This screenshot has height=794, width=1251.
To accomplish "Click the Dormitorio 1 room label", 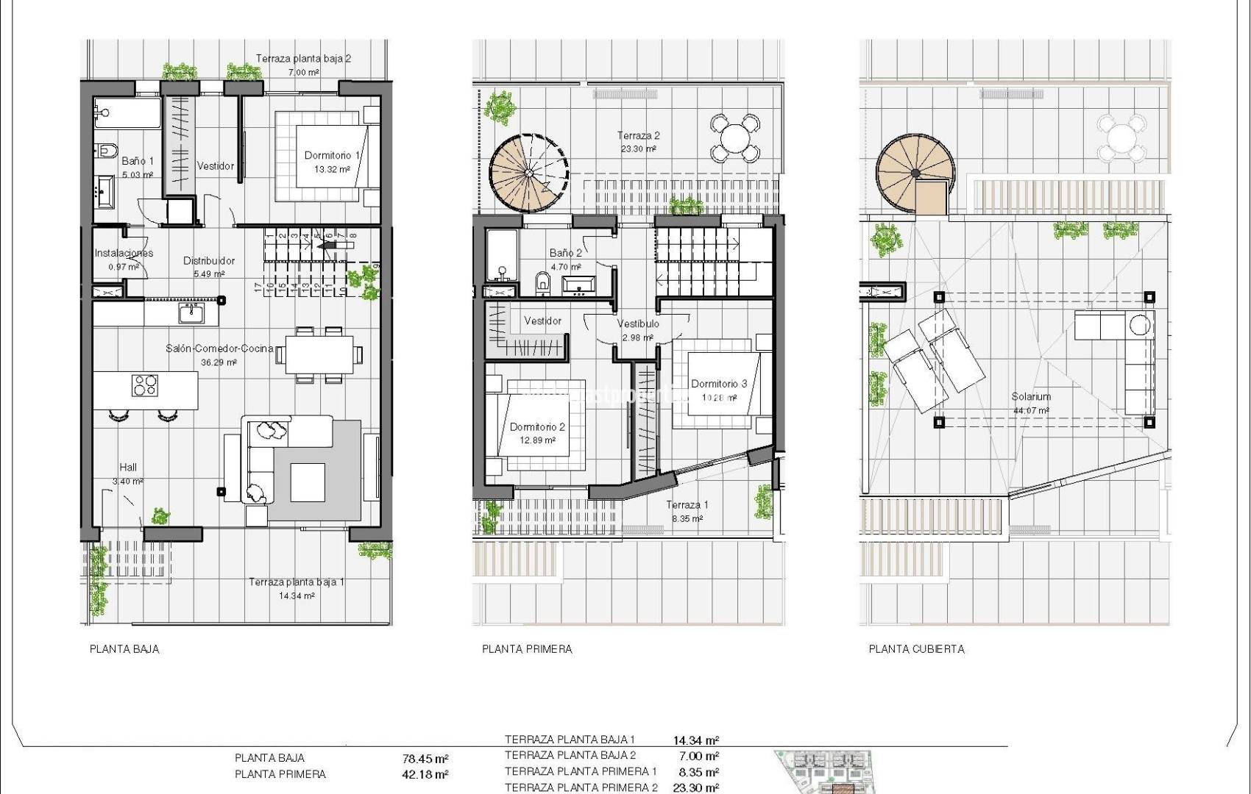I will point(332,155).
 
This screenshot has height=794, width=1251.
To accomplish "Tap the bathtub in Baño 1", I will point(127,114).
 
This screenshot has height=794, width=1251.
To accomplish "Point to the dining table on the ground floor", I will point(319,354).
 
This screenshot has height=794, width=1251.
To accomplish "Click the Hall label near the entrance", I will point(128,467).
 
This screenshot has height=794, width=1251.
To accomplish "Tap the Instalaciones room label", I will point(124,253).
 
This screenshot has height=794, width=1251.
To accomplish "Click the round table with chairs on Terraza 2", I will point(734,137).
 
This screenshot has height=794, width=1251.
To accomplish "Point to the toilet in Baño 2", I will point(543,282).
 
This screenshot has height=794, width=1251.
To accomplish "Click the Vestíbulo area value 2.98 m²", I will point(637,338).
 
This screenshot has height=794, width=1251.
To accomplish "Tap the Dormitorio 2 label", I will point(537,426).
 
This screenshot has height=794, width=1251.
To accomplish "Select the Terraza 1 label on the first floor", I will point(687,504).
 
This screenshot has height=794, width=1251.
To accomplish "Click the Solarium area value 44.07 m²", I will point(1031,411).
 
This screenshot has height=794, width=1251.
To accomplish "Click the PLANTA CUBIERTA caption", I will point(916,648).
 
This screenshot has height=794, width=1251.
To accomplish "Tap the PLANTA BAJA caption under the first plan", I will point(124,648).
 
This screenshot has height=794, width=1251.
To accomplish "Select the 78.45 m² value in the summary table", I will point(425,759).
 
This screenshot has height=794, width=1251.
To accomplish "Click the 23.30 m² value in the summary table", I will point(695,787).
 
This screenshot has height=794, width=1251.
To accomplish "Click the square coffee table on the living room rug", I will point(308,482).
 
